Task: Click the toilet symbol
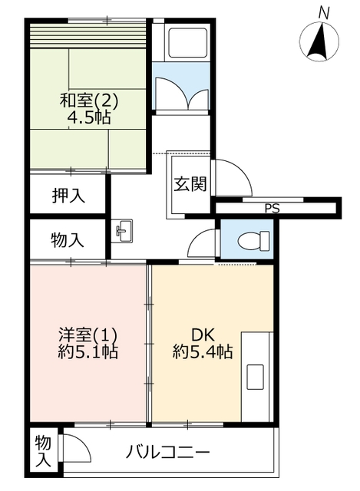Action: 253,241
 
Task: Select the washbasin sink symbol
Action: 123,231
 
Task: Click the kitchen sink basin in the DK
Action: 255,377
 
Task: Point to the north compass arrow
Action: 319,41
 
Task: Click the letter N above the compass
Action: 324,13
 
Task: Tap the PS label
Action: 272,208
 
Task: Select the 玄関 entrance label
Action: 190,184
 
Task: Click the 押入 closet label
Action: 68,196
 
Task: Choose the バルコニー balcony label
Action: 167,452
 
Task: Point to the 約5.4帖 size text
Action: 203,351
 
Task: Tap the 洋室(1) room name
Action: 88,336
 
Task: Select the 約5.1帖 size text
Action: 88,351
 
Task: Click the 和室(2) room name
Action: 89,101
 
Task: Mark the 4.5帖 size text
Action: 89,117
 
